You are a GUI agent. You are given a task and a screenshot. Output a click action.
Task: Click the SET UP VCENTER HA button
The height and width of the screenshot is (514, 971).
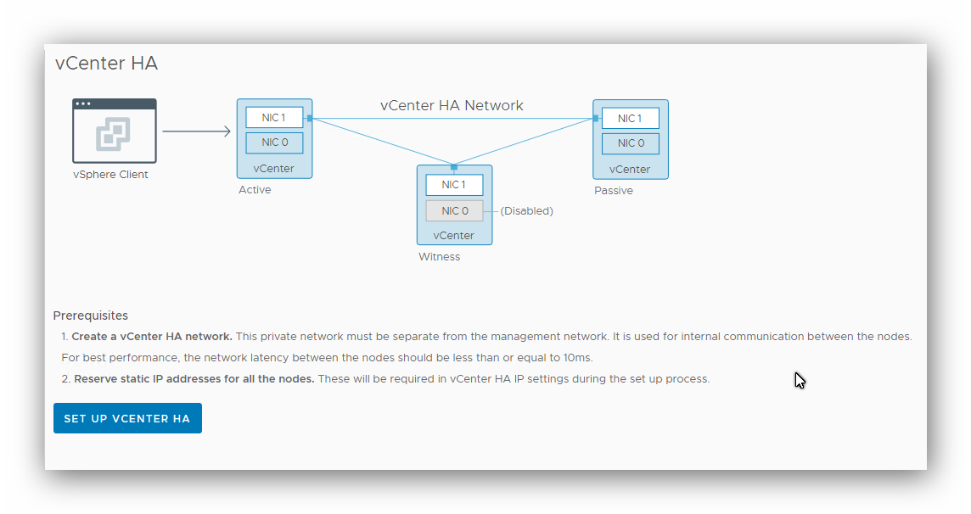[127, 418]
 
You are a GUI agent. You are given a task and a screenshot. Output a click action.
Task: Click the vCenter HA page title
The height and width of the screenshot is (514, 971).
[106, 64]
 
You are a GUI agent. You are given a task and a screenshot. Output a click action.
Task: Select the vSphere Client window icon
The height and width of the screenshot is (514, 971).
[115, 131]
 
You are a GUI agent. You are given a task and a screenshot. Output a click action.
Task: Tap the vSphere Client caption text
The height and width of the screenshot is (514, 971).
[110, 175]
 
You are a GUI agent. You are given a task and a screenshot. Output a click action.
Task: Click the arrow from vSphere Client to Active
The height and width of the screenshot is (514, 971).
[196, 131]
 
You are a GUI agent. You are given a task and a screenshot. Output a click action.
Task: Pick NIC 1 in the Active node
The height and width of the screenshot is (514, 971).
[273, 118]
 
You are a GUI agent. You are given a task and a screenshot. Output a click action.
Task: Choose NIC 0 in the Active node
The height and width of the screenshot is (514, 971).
[274, 142]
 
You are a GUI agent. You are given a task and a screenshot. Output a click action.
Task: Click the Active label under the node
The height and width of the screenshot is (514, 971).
[255, 190]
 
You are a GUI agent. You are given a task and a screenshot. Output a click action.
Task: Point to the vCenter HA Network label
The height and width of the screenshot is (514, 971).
[452, 106]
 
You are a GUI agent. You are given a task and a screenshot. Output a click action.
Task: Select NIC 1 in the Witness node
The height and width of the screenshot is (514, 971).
[454, 185]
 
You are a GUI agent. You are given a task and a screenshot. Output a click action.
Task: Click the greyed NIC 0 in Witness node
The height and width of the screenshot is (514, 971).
[454, 211]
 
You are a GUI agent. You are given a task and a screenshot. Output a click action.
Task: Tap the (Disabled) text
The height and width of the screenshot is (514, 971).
[526, 211]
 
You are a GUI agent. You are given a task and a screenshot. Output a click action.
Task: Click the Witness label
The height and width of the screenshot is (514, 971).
[439, 257]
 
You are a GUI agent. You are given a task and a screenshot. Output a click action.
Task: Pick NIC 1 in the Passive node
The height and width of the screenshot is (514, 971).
[630, 119]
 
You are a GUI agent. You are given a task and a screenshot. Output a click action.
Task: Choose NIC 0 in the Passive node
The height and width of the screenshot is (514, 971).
[630, 143]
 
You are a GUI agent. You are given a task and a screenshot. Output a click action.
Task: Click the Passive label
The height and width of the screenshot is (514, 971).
[613, 191]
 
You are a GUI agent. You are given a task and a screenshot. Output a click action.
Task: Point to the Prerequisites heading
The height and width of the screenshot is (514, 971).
[91, 316]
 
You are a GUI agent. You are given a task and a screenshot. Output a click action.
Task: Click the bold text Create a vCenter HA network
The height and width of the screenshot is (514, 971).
[152, 337]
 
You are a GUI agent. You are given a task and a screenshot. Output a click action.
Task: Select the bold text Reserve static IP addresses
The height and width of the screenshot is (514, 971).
[194, 379]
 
